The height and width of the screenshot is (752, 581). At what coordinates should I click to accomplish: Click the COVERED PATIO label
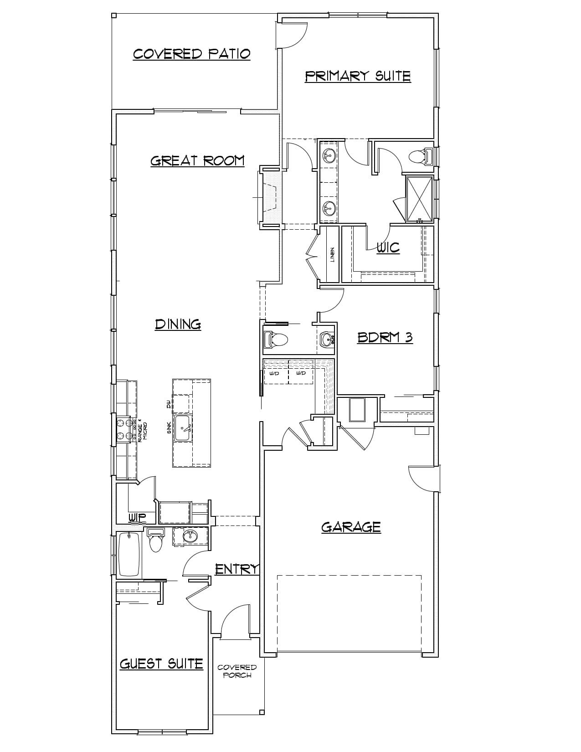(191, 54)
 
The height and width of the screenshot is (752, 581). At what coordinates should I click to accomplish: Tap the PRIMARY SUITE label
(358, 76)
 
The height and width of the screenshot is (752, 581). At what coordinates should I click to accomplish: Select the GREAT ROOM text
(197, 160)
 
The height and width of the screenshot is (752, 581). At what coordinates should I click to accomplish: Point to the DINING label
(178, 324)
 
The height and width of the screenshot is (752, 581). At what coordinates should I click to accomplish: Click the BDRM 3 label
(385, 337)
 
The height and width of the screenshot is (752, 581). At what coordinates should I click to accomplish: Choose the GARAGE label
(351, 527)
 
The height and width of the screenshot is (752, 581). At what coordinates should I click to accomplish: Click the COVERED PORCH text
(237, 671)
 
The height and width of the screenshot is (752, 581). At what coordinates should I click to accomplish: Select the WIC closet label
(388, 247)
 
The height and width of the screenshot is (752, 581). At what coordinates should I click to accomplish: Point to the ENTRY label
(237, 569)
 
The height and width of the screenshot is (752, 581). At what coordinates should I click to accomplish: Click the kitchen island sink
(183, 428)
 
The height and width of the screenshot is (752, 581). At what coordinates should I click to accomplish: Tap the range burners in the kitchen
(123, 429)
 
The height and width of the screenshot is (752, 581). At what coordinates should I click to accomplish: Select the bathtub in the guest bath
(129, 554)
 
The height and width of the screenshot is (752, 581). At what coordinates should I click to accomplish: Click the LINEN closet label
(333, 255)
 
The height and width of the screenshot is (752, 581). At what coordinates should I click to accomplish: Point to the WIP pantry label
(137, 517)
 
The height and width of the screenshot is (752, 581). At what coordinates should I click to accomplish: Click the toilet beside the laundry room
(276, 339)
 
